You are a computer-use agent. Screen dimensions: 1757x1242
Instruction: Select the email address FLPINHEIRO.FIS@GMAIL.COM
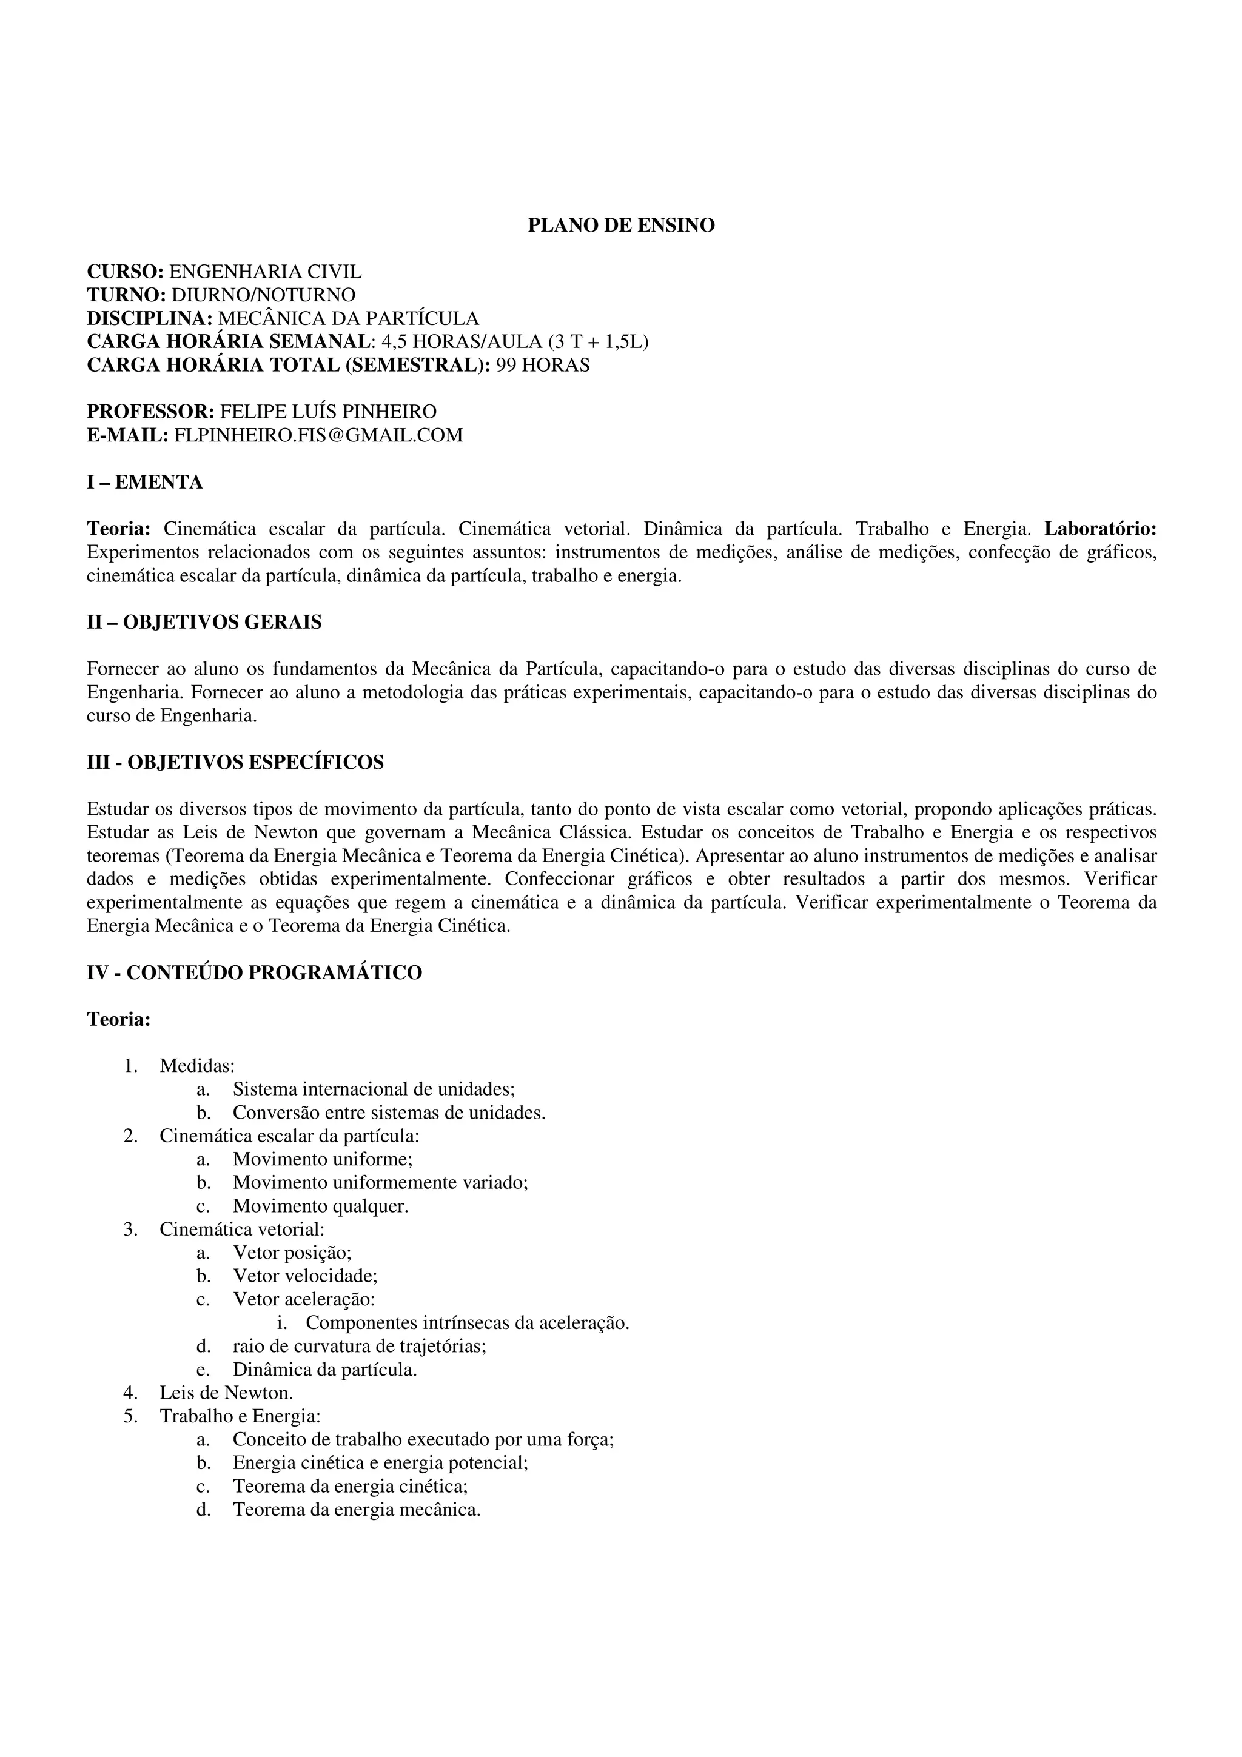pos(318,435)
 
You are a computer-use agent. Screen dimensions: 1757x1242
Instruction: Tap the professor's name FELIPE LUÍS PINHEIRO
pos(328,412)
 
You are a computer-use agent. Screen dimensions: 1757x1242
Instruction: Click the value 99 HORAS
pos(543,365)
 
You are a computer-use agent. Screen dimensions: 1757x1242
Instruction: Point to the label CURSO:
pos(125,272)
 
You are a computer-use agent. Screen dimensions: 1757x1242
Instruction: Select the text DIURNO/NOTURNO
pos(263,295)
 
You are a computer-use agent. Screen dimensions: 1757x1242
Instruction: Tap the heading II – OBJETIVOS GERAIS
pos(204,622)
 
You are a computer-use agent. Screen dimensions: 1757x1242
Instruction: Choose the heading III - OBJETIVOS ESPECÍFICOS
pos(235,762)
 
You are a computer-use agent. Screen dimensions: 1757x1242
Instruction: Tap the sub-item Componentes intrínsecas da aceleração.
pos(467,1323)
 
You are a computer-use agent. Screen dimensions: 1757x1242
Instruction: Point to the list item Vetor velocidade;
pos(305,1276)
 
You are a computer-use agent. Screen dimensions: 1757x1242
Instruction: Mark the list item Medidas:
pos(196,1066)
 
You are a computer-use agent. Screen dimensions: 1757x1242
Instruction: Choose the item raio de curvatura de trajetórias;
pos(360,1346)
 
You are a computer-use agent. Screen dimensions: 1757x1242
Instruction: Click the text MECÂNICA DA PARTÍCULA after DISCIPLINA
pos(348,318)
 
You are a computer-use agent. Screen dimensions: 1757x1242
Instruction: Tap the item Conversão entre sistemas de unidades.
pos(389,1113)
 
